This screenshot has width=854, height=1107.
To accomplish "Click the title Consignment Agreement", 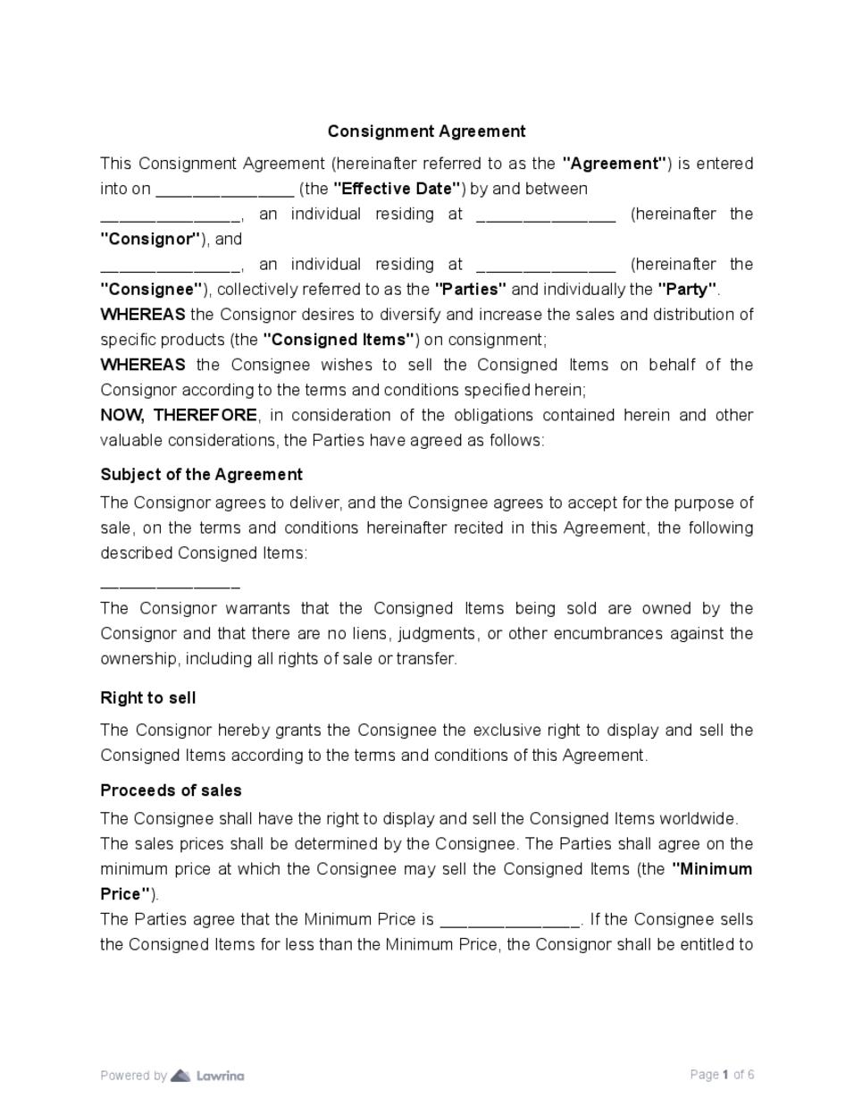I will point(426,131).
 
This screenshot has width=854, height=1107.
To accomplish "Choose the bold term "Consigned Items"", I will point(339,340).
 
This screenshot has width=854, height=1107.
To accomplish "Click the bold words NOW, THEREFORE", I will point(179,415).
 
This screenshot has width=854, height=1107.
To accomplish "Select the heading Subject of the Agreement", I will point(201,474).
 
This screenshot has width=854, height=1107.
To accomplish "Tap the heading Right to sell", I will point(147,697).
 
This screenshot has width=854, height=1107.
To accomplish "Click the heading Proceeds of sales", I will point(171,790).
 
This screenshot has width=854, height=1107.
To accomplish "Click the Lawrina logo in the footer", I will point(208,1075).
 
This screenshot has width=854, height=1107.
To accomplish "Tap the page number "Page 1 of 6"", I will point(722,1075).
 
